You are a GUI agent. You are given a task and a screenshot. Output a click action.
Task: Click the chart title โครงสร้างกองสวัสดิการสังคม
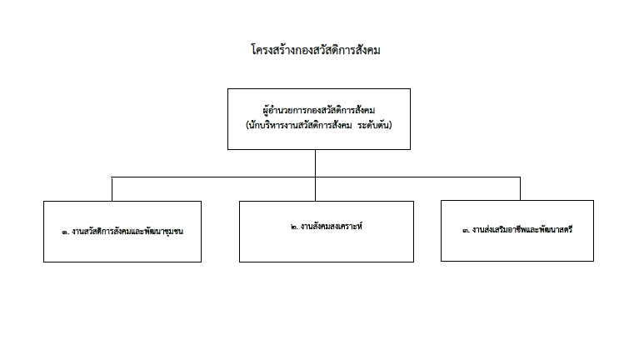316,50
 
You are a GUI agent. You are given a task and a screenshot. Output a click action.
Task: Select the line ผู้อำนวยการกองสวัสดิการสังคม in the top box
319,111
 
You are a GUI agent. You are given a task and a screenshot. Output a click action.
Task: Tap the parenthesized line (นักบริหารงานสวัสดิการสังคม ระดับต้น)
319,125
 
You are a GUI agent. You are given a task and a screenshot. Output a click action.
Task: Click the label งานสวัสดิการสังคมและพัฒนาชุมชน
127,231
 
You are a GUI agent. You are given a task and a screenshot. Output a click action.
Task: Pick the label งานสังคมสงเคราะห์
332,227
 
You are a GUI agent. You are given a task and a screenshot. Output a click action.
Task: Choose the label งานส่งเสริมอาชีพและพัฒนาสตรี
522,229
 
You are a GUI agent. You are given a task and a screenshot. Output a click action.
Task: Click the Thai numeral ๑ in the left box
65,232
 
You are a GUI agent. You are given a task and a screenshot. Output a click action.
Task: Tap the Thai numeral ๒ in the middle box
294,227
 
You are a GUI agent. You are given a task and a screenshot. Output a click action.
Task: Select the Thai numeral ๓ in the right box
466,230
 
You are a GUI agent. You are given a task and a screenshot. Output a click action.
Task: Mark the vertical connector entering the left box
112,189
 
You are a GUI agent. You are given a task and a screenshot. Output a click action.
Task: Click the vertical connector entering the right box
520,188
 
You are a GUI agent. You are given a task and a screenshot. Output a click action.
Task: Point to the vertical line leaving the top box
315,163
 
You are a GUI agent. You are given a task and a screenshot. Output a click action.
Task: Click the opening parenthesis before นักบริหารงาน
247,125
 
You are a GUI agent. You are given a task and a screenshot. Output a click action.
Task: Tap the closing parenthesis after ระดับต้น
391,125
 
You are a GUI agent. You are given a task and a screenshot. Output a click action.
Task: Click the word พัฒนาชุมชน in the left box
163,231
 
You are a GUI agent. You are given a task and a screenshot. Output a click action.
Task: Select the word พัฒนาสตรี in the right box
556,229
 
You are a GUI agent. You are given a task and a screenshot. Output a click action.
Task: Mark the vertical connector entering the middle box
315,189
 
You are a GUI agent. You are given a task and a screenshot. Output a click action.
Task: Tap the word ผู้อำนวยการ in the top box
282,111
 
